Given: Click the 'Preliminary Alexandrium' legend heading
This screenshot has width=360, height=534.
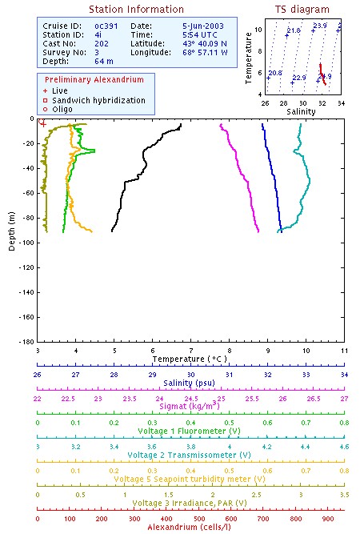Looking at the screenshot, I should click(x=94, y=81).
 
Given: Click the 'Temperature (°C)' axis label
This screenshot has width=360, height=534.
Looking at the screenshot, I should click(x=190, y=359).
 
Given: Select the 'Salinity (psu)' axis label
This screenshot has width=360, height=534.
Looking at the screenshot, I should click(x=190, y=383).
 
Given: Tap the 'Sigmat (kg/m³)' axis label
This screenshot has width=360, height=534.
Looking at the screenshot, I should click(x=190, y=407).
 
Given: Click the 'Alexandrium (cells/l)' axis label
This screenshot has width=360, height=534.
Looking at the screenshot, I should click(x=190, y=527).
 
